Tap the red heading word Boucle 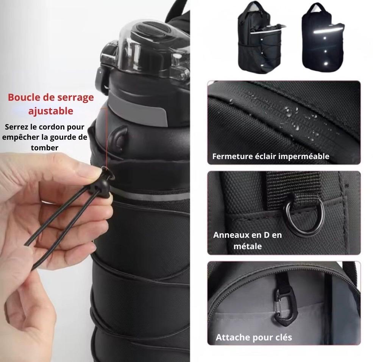tap(24, 97)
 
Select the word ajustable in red tap(51, 111)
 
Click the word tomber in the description tap(44, 147)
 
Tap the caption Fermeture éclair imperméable tap(271, 156)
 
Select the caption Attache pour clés tap(254, 337)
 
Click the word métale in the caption tap(248, 246)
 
